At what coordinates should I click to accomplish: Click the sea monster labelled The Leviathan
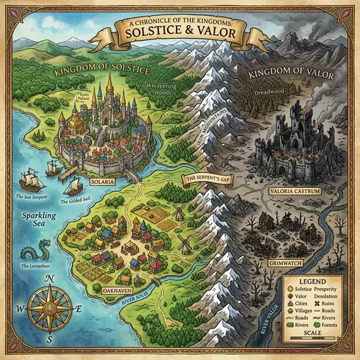coord(32,253)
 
